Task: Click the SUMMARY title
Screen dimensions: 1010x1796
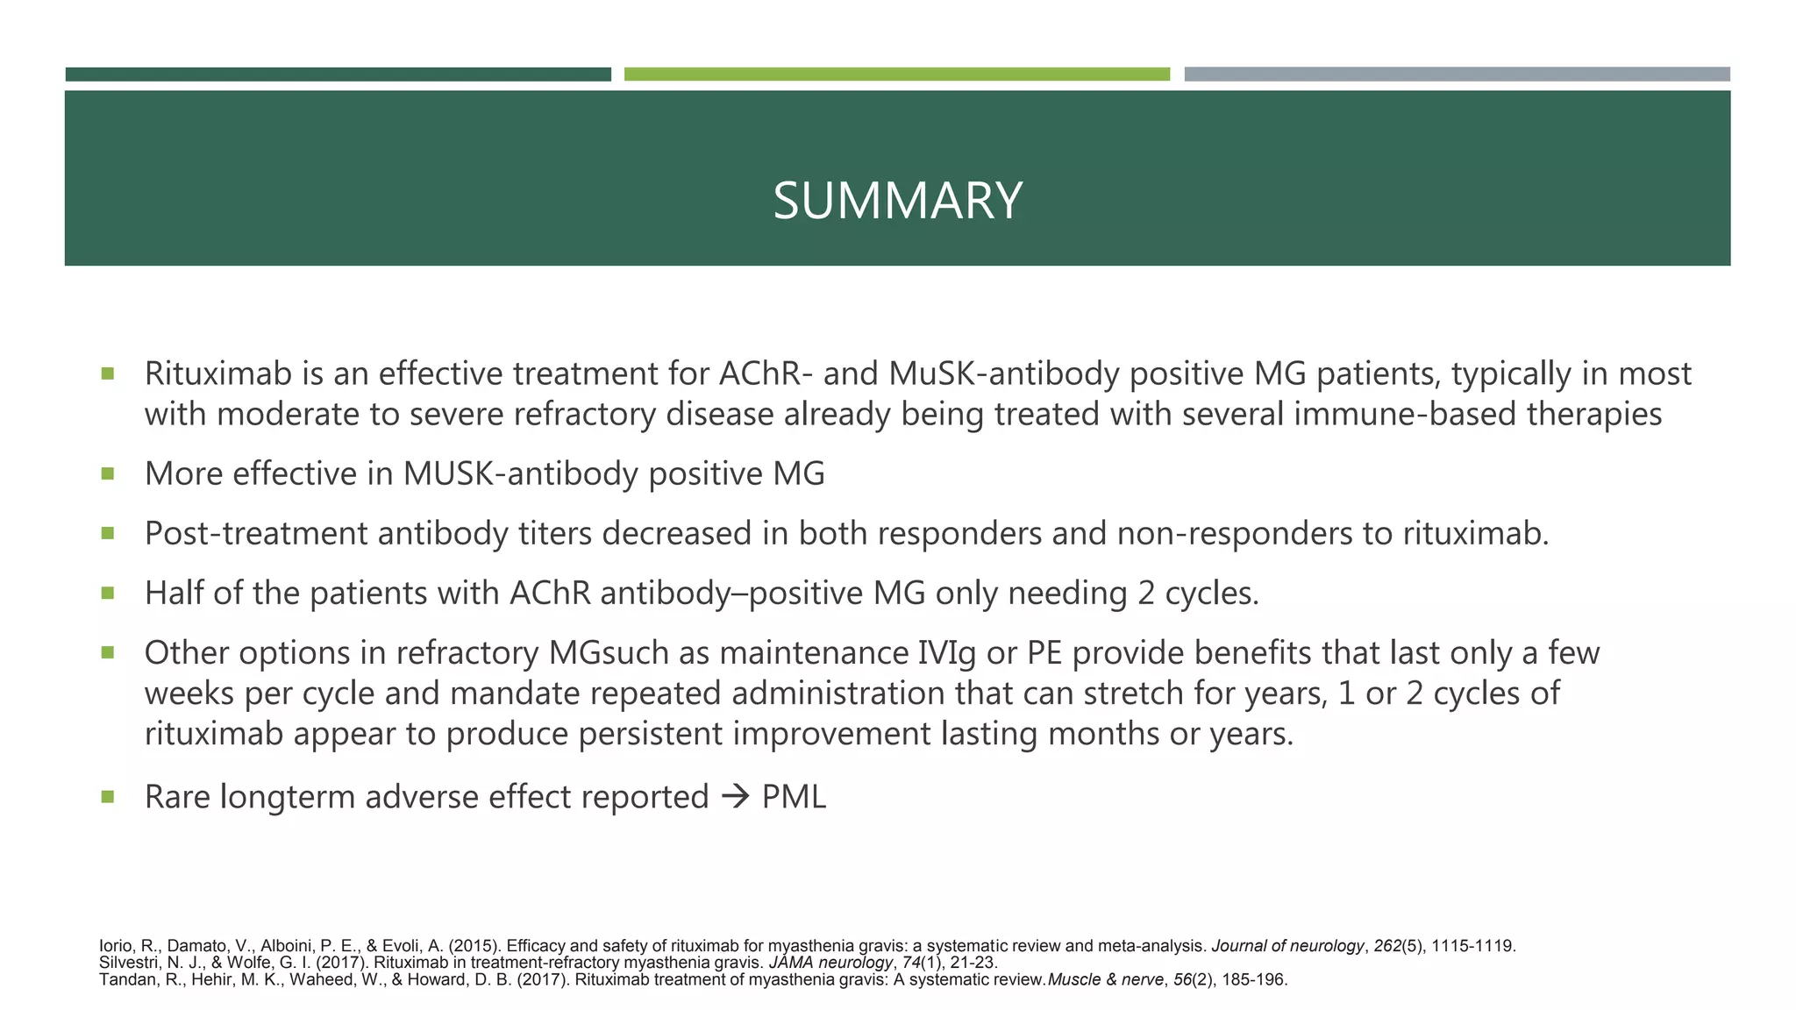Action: pos(897,201)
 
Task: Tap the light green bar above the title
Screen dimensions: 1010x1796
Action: pos(896,75)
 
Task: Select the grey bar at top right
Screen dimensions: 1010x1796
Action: pos(1457,75)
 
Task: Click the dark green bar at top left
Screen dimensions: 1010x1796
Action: pos(338,75)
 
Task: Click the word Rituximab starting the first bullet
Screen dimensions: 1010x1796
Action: pos(217,374)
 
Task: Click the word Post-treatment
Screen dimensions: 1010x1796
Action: pos(255,534)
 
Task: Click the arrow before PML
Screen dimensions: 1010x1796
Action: pos(735,797)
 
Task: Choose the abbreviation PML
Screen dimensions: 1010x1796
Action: pos(794,797)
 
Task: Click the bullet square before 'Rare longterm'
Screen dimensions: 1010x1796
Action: pos(108,796)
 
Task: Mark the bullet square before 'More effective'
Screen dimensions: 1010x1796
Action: pos(108,473)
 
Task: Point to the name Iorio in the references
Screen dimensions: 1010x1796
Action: pos(116,946)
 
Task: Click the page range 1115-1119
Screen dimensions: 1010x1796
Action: pos(1472,946)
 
